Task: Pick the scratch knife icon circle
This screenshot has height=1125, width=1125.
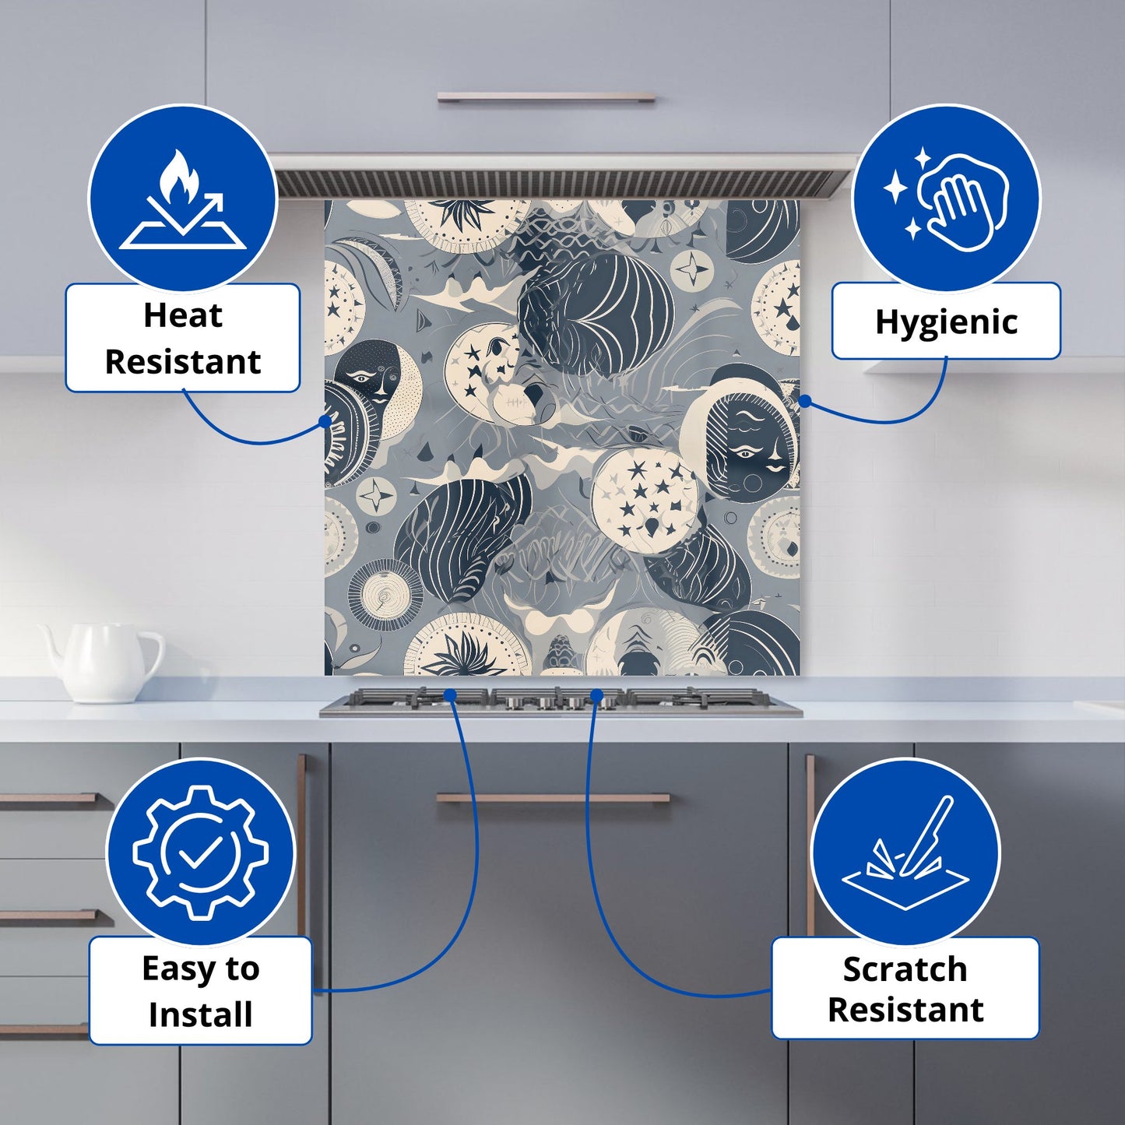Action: pos(905,853)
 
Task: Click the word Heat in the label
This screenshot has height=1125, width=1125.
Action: pos(183,316)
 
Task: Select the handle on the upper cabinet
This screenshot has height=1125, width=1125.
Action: pos(547,97)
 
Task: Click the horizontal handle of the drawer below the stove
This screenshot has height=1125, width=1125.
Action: pos(553,798)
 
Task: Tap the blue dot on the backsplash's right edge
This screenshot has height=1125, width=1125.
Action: pos(804,401)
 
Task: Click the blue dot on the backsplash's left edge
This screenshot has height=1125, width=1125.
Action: pos(325,421)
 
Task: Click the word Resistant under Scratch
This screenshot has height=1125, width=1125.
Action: pos(905,1026)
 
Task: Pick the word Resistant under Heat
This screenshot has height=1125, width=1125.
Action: pos(183,363)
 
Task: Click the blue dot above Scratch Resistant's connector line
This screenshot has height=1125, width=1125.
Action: pos(596,694)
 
